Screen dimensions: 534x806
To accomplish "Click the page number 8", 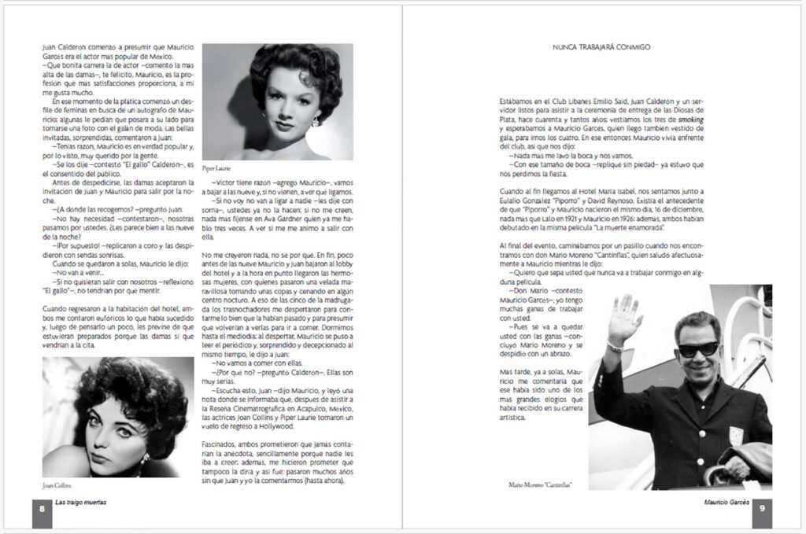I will click(42, 508).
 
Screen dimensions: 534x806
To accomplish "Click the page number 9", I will click(762, 508).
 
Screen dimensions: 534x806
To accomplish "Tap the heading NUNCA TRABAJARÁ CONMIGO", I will click(602, 47).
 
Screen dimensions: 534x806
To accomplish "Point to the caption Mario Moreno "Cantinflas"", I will click(540, 485).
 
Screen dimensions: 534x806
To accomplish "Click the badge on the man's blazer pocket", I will click(735, 435).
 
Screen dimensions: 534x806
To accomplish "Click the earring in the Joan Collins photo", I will click(145, 456).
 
